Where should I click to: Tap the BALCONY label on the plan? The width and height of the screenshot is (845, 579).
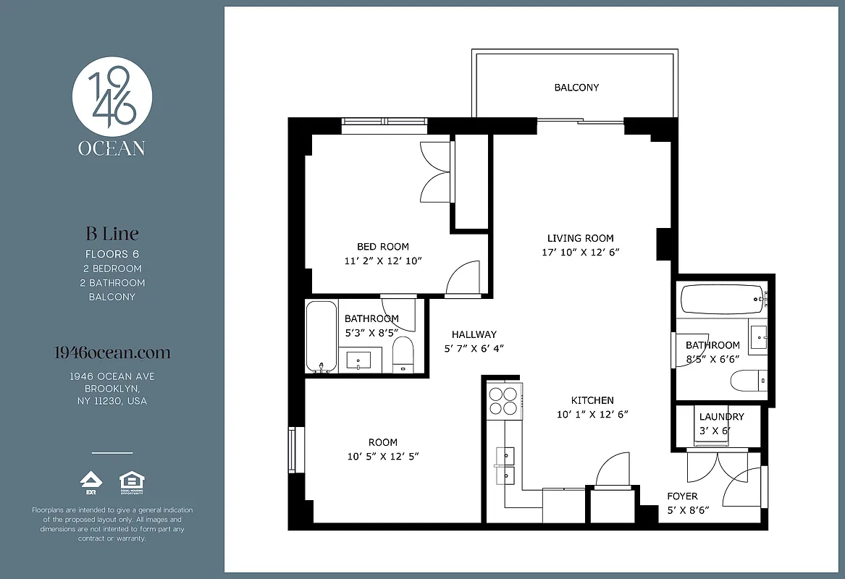pos(576,88)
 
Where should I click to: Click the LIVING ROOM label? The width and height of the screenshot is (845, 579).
pos(580,238)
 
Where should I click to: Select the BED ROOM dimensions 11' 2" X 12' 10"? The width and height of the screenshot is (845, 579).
pos(383,261)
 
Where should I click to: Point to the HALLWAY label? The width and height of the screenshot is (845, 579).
pos(474,334)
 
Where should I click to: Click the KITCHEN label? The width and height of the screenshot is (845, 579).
pos(592,400)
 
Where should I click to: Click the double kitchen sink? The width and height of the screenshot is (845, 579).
pos(505,465)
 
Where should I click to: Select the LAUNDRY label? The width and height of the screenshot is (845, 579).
pos(721,417)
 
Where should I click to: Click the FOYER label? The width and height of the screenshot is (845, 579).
pos(682,496)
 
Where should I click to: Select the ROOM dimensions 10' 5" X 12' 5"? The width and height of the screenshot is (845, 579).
pos(383,456)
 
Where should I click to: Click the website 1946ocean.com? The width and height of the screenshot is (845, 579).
pos(112,353)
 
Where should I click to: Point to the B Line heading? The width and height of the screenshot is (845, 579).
pos(112,234)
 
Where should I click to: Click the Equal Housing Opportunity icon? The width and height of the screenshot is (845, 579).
pos(132,481)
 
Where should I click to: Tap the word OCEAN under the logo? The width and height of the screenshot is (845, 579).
pos(112,148)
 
